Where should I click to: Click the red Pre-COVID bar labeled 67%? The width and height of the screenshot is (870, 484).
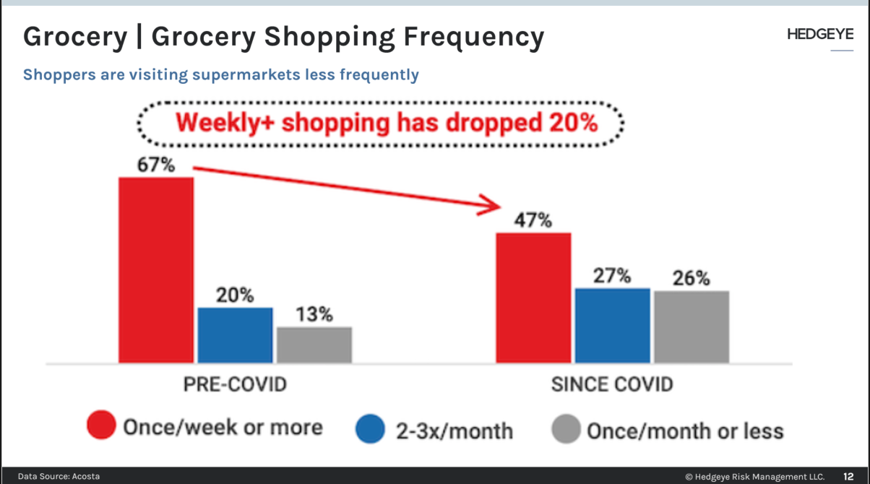point(156,269)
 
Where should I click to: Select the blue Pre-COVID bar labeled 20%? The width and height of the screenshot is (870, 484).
point(235,334)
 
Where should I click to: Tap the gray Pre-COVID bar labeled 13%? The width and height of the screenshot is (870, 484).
point(314,345)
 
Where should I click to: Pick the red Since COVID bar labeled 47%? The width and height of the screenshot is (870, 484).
point(533,297)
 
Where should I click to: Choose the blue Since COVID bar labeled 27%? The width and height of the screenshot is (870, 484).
point(612,325)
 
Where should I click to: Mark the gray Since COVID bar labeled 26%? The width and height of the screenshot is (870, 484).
point(692,327)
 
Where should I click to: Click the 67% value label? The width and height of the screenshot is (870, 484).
point(156,165)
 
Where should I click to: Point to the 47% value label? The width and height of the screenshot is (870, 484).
point(533,220)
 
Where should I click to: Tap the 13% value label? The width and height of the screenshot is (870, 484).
point(314,315)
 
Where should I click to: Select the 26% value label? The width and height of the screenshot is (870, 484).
point(691,278)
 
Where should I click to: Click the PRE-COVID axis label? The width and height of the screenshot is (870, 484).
point(234,384)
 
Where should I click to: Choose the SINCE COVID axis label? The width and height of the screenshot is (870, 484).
point(611,384)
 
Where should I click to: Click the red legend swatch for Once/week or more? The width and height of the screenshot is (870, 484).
point(101,426)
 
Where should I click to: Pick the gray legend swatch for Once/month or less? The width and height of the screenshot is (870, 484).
point(566,431)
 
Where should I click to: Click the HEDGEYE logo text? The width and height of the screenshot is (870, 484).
point(820,35)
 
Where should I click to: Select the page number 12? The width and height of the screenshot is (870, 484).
point(849,476)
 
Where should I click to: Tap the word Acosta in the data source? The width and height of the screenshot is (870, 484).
point(85,476)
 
